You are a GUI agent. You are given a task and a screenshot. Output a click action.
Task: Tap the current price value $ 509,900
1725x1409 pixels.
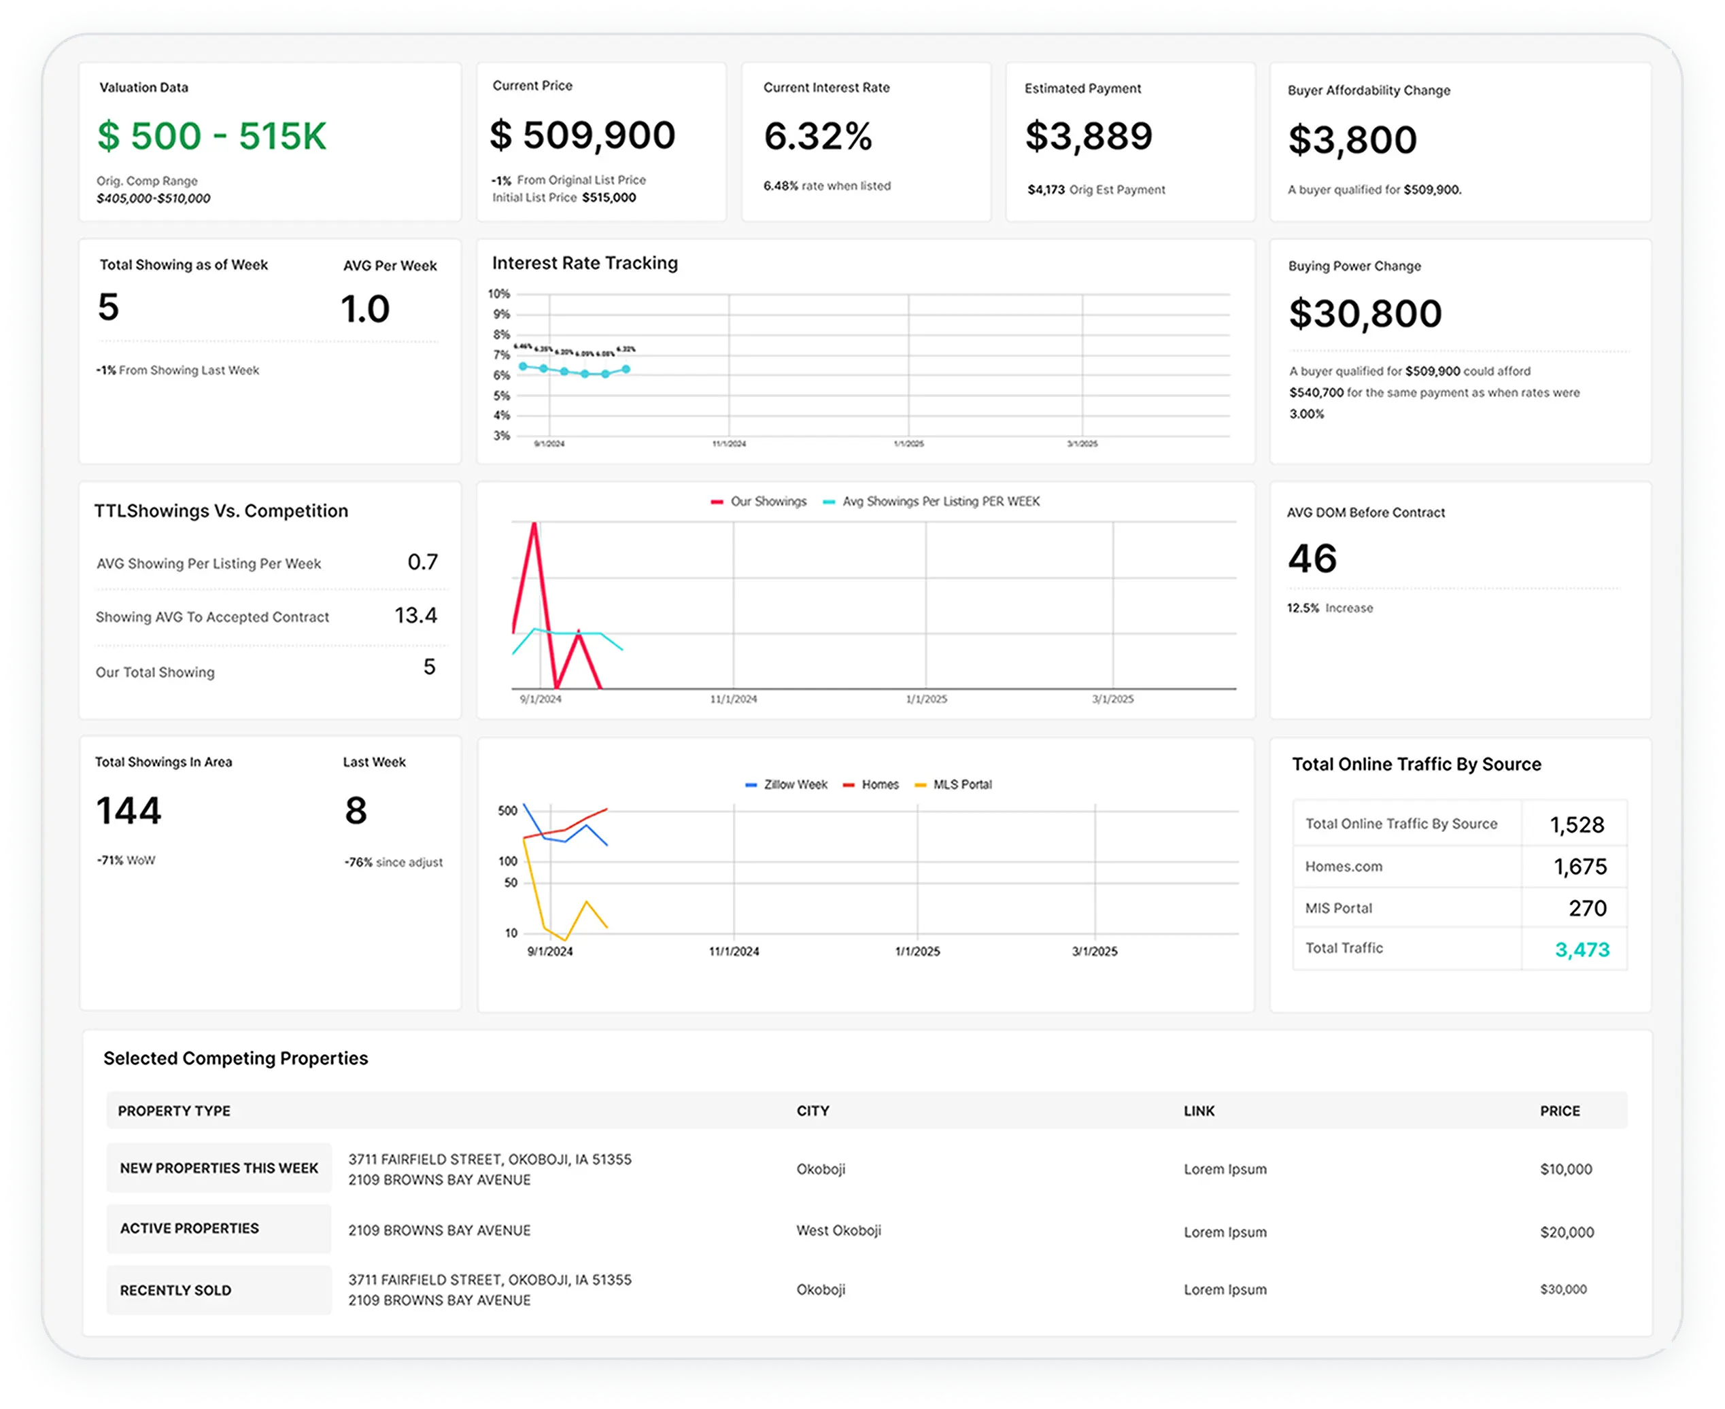[x=582, y=135]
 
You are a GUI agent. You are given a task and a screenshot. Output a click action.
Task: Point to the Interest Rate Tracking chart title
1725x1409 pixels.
[x=585, y=263]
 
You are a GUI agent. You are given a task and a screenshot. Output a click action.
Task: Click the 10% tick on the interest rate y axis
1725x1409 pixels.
[x=498, y=294]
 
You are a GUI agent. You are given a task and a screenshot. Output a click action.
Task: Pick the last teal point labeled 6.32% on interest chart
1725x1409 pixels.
[x=626, y=368]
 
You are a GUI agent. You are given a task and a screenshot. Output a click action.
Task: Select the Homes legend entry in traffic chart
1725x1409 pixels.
[x=879, y=784]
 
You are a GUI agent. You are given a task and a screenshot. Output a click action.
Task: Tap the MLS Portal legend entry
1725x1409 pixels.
[x=962, y=784]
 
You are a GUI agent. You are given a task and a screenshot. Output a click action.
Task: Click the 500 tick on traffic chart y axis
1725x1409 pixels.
[x=507, y=810]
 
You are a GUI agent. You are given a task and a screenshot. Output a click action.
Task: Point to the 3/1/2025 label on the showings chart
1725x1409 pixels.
[x=1112, y=699]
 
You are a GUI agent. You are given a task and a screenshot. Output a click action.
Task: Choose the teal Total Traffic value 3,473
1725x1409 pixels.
[x=1582, y=949]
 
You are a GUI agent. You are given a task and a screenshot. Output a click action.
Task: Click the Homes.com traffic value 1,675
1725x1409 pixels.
[x=1579, y=866]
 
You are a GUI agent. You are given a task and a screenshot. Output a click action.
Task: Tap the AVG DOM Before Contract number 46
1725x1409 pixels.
[x=1312, y=559]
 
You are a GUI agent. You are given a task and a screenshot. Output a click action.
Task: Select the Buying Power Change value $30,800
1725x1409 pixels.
[x=1365, y=313]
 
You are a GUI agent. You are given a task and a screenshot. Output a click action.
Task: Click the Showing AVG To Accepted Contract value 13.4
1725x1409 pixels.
[x=415, y=615]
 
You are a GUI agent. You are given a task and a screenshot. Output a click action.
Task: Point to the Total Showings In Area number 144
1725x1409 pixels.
[x=129, y=810]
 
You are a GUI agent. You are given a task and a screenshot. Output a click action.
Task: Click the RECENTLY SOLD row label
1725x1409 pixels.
[x=176, y=1289]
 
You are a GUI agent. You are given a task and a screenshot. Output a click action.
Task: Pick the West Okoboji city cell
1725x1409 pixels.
[x=838, y=1230]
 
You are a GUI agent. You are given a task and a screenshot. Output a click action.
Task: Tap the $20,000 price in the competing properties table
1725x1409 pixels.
[x=1567, y=1232]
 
